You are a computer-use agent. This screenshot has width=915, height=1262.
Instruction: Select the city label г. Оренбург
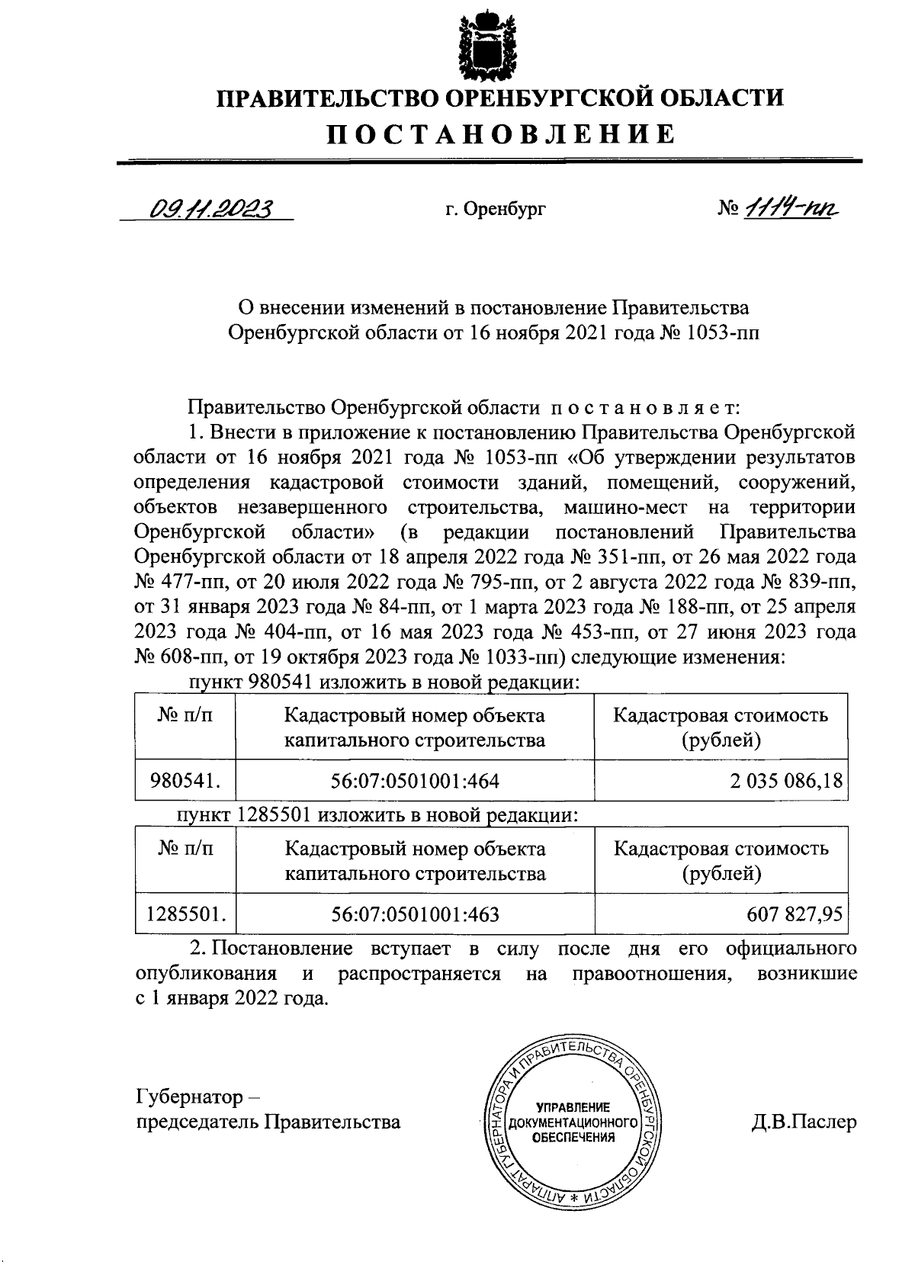[x=496, y=208]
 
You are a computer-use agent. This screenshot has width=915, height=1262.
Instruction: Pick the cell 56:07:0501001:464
[x=416, y=780]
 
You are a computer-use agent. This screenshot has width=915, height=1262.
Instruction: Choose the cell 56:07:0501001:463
[x=416, y=913]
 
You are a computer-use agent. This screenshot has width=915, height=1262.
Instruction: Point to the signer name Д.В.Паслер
[x=802, y=1122]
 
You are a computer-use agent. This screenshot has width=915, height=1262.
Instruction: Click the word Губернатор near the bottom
[x=188, y=1097]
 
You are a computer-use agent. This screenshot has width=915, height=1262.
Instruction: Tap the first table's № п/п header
[x=185, y=716]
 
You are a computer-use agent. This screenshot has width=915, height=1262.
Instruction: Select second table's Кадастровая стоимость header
[x=721, y=849]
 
